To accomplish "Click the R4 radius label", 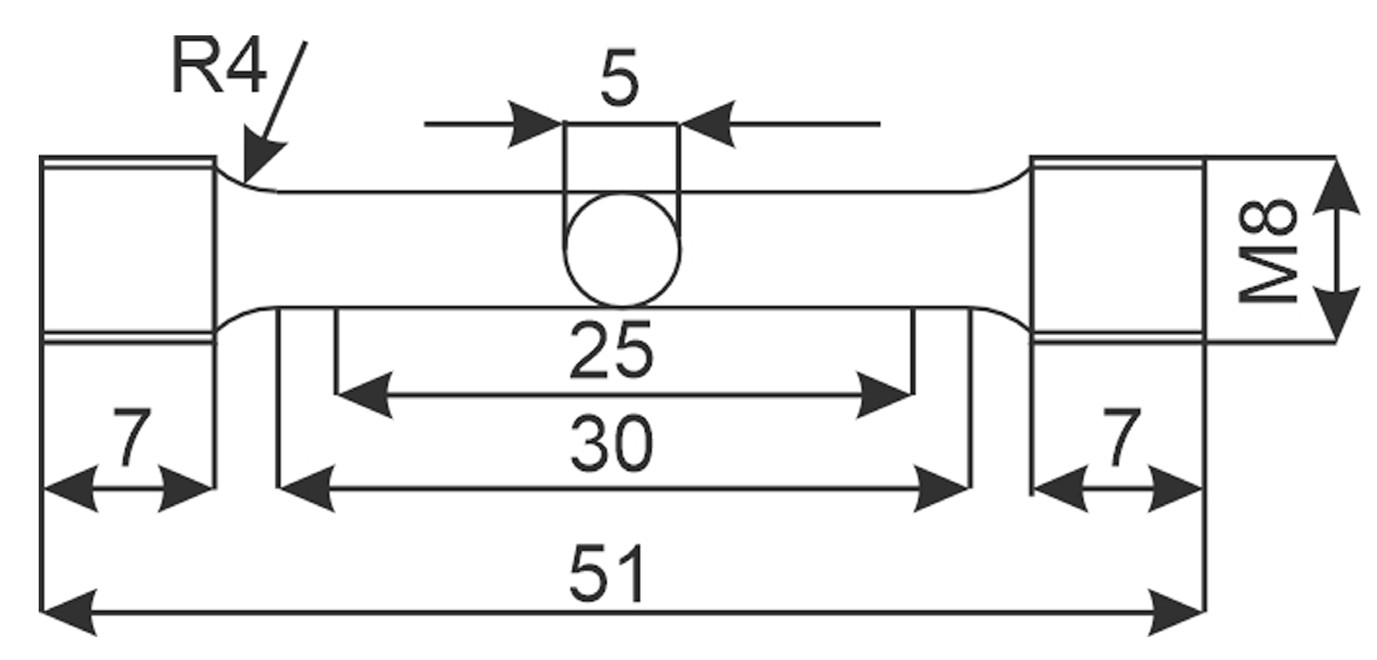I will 218,67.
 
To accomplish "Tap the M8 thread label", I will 1268,249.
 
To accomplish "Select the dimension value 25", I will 611,351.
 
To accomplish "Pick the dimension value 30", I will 611,444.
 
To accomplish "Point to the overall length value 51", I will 608,572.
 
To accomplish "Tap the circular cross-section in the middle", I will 622,249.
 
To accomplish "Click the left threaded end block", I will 128,249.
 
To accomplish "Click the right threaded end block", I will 1117,249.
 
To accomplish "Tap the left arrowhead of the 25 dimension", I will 363,396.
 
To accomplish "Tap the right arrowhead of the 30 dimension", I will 942,489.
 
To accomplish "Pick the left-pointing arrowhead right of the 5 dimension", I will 708,124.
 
